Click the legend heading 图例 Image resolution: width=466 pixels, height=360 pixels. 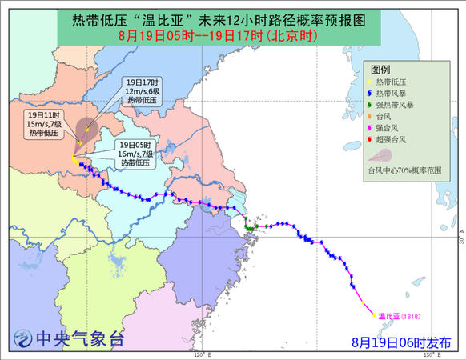[x=380, y=70]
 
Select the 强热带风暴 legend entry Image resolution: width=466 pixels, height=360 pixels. [x=392, y=104]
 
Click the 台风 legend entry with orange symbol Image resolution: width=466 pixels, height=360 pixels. [x=384, y=116]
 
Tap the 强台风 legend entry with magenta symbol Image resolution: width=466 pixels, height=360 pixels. [x=388, y=127]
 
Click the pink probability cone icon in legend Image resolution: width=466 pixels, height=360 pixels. [x=383, y=155]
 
